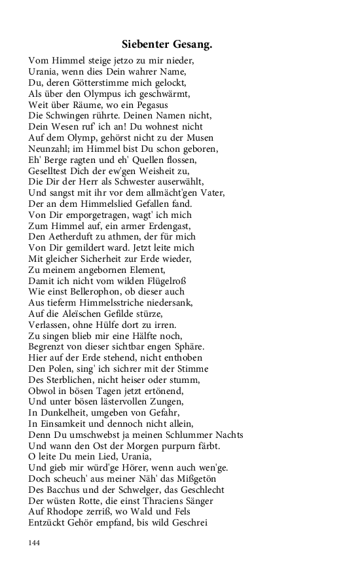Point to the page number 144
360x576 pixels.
tap(35, 542)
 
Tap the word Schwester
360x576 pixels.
tap(130, 182)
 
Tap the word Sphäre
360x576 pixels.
tap(187, 346)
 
